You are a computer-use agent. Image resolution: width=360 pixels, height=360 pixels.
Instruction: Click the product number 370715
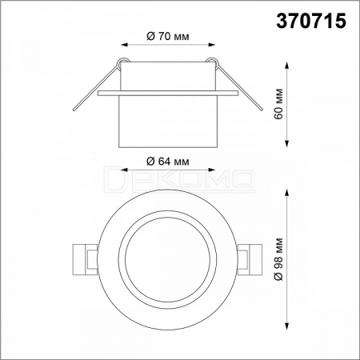coord(311,21)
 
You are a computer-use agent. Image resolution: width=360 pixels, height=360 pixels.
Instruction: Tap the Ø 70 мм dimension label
coord(168,36)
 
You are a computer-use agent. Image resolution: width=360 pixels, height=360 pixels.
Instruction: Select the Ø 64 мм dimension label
coord(168,162)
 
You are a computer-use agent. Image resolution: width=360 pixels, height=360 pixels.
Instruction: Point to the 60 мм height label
coord(278,103)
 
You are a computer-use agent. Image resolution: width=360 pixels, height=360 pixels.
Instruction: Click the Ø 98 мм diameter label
coord(278,259)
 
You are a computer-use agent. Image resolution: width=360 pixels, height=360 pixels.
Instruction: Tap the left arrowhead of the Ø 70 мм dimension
coord(124,45)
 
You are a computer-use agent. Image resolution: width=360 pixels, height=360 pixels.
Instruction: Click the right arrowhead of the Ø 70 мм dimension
coord(211,45)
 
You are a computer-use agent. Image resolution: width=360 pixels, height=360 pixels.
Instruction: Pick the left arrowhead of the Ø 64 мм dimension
coord(124,170)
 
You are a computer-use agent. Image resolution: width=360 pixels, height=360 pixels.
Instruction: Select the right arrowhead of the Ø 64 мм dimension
coord(211,170)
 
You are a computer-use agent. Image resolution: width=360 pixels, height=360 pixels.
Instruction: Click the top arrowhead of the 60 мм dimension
coord(287,66)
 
